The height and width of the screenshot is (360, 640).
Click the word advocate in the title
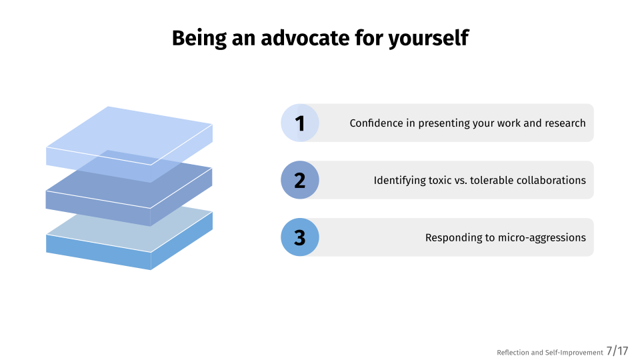coord(305,38)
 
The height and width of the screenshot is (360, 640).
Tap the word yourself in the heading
coord(428,39)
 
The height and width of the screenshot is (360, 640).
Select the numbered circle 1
coord(300,123)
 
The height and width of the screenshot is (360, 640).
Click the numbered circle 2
coord(300,180)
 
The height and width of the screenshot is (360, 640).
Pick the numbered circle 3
coord(300,237)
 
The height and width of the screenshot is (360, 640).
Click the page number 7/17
coord(617,351)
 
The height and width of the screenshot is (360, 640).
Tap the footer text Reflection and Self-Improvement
coord(550,352)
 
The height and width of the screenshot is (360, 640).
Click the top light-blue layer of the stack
coord(129,135)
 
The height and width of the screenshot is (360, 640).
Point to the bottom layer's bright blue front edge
coord(99,252)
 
